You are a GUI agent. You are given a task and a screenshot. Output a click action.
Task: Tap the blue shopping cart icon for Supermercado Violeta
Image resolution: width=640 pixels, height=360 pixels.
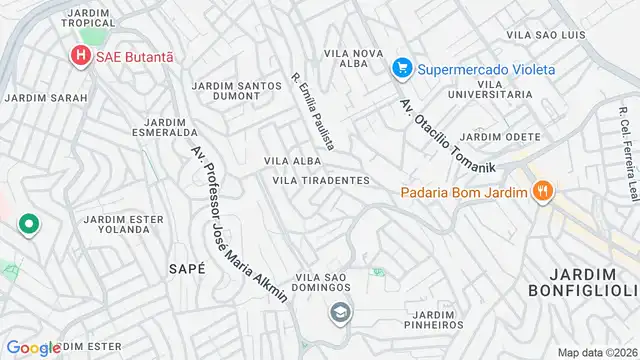[x=402, y=69]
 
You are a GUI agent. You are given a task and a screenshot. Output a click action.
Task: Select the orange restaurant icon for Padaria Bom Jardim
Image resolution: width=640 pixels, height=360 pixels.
[x=543, y=192]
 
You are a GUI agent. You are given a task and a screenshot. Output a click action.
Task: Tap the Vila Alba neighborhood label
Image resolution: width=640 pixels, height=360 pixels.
[x=293, y=160]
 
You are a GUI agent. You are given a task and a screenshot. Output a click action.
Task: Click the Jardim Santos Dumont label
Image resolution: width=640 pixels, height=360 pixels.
[x=237, y=92]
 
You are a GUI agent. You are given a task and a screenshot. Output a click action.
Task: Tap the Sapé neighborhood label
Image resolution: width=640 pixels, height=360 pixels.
[x=187, y=268]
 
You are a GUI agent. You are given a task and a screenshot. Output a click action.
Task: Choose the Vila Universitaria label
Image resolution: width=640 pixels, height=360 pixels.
[x=490, y=88]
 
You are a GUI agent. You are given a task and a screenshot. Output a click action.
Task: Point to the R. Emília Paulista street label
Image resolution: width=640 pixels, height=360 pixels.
[x=313, y=110]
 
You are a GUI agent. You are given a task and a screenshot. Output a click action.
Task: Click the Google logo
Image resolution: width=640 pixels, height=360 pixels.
[x=34, y=347]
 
